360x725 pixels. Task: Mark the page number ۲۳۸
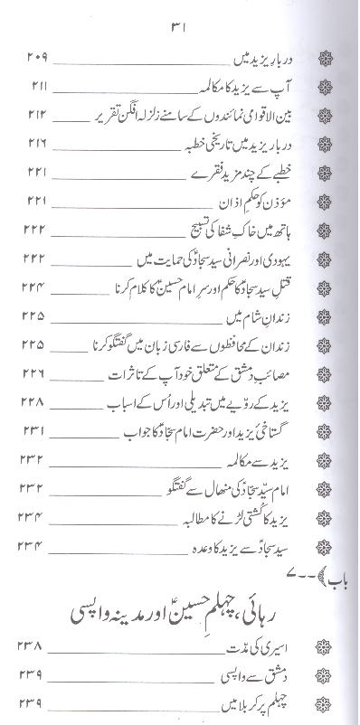point(35,646)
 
